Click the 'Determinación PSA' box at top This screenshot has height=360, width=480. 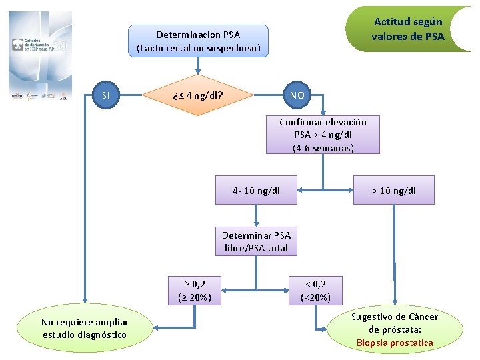tap(198, 41)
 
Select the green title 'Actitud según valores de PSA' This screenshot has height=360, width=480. tap(407, 29)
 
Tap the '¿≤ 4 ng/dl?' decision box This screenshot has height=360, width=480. tap(198, 95)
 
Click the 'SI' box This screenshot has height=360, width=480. tap(105, 95)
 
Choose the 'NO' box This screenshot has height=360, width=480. tap(297, 95)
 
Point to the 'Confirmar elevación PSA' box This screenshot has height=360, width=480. tap(323, 135)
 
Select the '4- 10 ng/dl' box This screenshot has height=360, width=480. tap(256, 191)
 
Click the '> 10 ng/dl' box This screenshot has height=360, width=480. tap(393, 191)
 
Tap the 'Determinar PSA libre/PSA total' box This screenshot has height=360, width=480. tap(256, 241)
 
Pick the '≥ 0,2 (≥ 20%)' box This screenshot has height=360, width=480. tap(195, 291)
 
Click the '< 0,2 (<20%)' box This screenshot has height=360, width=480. tap(316, 291)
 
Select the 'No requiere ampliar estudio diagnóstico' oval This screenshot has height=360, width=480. tap(85, 328)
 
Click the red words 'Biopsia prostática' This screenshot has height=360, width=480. tap(395, 343)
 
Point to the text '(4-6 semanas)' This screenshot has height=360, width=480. tap(323, 148)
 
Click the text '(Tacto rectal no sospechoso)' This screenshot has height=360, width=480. tap(198, 48)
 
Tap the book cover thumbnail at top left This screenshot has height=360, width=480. tap(40, 55)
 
